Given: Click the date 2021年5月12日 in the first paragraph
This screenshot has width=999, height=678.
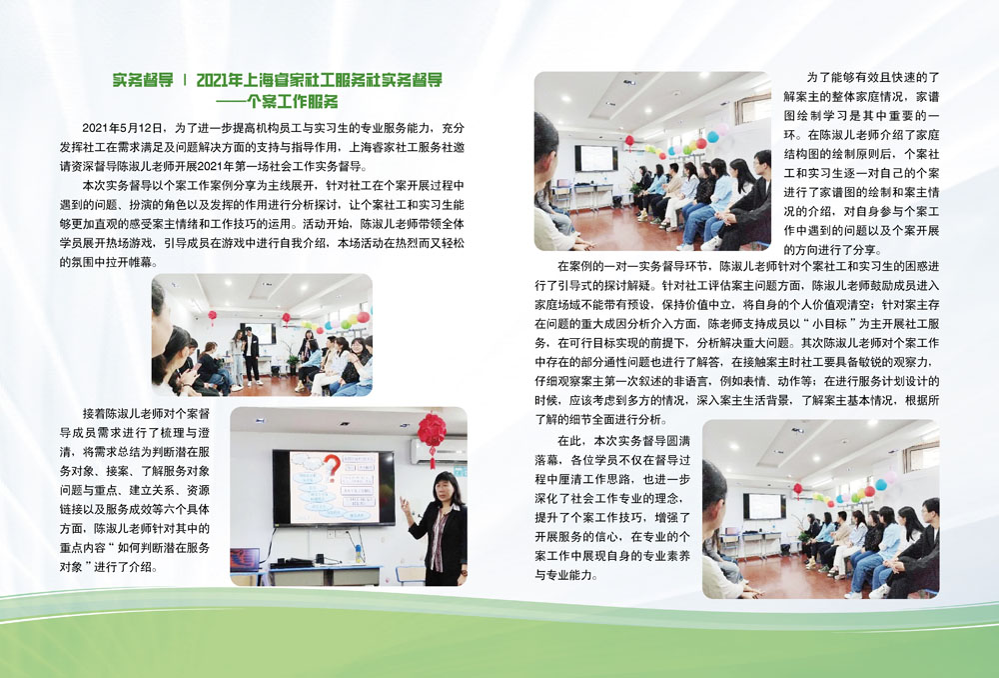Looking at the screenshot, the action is [x=124, y=128].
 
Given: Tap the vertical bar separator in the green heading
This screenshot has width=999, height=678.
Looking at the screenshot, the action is [x=185, y=80].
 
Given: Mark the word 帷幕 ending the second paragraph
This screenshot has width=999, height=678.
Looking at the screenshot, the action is [x=146, y=262].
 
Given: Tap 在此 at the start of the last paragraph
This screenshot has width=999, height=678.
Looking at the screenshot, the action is [x=569, y=441].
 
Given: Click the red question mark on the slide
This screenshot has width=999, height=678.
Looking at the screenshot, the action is [x=332, y=466].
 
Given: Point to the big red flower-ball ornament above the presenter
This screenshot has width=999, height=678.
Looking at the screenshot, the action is [x=432, y=432].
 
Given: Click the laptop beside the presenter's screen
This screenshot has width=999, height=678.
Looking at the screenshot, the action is [x=246, y=561].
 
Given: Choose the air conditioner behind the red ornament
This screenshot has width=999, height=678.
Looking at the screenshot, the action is [x=439, y=451].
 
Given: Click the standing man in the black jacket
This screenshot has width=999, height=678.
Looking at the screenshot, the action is [x=252, y=355].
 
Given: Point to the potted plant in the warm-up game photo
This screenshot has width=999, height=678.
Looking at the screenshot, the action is [x=292, y=361].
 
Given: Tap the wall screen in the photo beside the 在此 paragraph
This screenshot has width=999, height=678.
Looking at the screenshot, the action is [x=764, y=506].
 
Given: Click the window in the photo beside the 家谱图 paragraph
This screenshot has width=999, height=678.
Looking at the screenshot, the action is [x=752, y=109].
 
